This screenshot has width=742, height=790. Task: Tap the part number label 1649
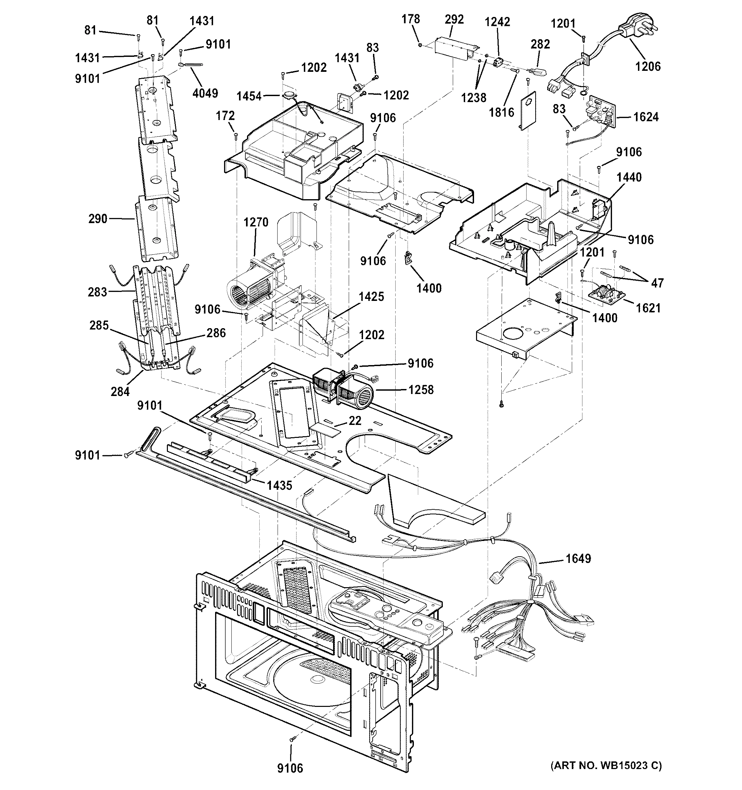click(578, 559)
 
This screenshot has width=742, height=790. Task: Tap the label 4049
click(205, 93)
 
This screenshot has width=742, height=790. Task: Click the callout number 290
click(98, 218)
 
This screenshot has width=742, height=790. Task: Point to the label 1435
click(279, 485)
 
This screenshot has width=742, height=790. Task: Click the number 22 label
click(355, 420)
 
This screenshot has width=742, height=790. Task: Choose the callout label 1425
click(371, 297)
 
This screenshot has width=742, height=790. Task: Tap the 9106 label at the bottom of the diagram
click(290, 768)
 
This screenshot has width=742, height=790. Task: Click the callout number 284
click(120, 392)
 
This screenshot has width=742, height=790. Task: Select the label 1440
click(629, 177)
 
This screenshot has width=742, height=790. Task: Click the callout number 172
click(225, 116)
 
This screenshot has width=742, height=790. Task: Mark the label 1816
click(501, 112)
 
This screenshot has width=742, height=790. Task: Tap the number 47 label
click(657, 283)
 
